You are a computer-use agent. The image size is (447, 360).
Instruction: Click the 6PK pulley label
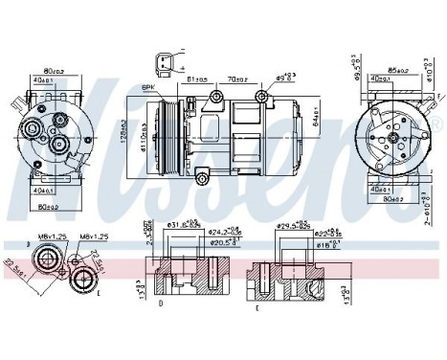(148, 87)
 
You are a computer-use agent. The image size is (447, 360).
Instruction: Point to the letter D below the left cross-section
(160, 304)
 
